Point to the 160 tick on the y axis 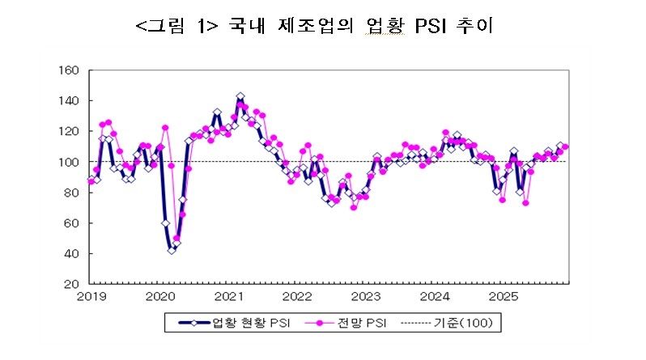tap(68, 70)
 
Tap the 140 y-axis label tap(68, 101)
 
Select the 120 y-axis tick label tap(68, 131)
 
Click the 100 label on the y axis tap(68, 162)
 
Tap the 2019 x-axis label tap(91, 297)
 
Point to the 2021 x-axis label tap(229, 297)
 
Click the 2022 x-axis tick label tap(297, 297)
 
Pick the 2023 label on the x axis tap(366, 297)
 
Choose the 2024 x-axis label tap(435, 297)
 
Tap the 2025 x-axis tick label tap(503, 297)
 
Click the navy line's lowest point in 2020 tap(172, 250)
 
